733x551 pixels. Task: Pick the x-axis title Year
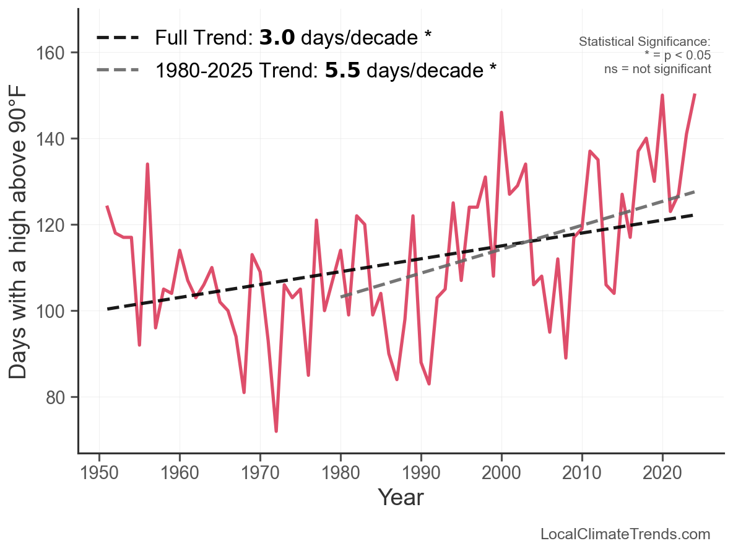point(401,497)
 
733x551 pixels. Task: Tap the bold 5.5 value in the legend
point(342,70)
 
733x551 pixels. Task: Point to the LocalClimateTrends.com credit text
point(625,534)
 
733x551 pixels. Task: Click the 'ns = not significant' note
point(657,69)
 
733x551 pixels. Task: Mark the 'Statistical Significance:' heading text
point(644,42)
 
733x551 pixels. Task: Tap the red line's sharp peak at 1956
point(147,164)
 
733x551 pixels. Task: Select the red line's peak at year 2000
point(501,113)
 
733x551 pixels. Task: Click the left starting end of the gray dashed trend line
point(342,297)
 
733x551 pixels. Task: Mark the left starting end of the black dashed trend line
point(108,309)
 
